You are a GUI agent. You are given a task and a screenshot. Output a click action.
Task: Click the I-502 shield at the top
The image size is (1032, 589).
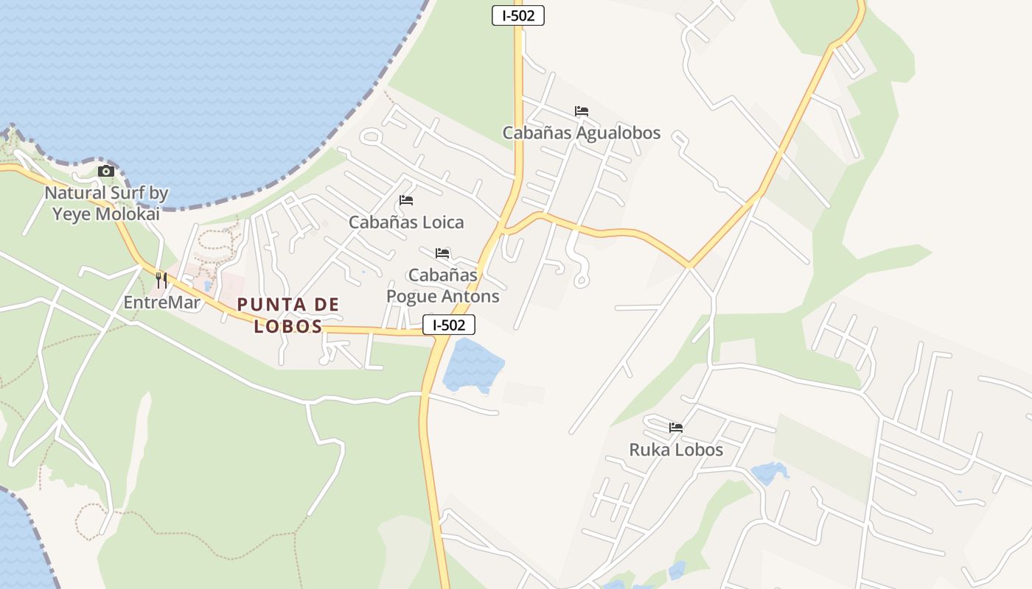(517, 15)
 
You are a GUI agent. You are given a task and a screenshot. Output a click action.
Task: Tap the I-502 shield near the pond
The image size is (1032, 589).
(448, 325)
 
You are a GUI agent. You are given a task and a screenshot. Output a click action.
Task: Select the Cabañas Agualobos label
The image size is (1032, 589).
(581, 133)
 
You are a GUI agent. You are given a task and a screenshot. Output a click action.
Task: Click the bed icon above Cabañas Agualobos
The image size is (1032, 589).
(582, 112)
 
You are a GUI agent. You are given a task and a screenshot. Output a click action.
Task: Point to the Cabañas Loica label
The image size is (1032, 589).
(406, 222)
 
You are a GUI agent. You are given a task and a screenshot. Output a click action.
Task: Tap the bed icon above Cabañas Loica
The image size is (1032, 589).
(406, 200)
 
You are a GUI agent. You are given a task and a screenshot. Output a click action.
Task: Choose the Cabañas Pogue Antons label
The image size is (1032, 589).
(443, 286)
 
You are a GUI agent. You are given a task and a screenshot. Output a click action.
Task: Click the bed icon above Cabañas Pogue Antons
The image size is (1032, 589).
(442, 253)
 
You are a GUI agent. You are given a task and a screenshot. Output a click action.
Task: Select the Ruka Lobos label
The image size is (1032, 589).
(676, 450)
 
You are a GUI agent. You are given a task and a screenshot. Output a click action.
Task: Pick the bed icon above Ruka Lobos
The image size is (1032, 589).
(676, 428)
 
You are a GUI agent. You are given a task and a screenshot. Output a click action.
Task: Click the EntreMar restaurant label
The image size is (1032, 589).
(161, 303)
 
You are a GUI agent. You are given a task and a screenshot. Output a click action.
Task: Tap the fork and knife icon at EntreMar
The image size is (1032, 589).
(161, 281)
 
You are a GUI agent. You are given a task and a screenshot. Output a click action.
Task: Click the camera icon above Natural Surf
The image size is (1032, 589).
(106, 172)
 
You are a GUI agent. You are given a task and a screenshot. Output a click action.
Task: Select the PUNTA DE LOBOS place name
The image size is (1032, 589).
(288, 315)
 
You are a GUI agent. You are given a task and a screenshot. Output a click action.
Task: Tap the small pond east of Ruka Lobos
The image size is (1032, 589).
(768, 473)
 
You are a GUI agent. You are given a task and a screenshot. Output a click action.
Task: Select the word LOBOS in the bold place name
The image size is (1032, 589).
(288, 326)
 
